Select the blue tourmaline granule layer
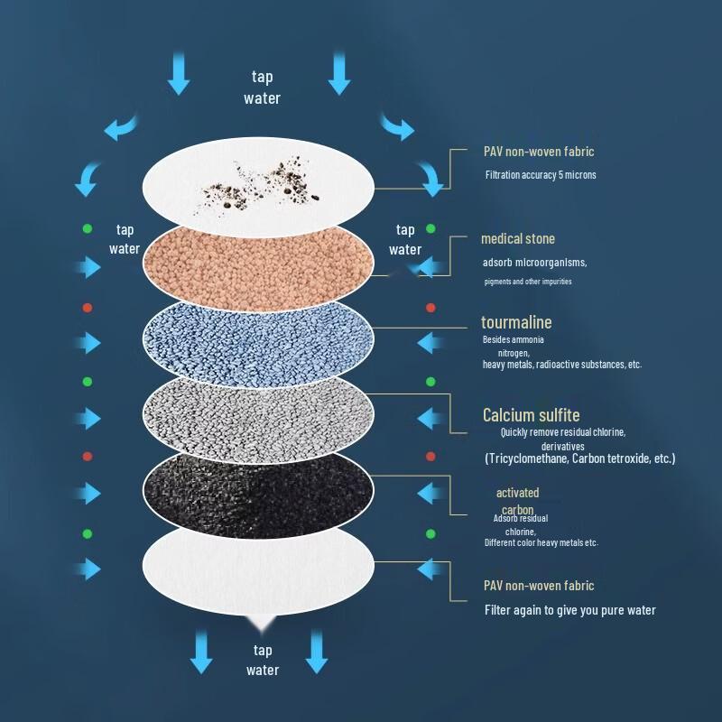point(258,338)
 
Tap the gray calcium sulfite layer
point(258,413)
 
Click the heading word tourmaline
point(515,322)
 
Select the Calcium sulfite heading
point(531,415)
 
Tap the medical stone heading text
point(517,239)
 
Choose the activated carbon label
point(517,501)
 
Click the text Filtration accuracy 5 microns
point(540,175)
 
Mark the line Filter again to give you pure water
point(569,610)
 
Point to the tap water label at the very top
point(262,88)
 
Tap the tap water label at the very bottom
point(263,660)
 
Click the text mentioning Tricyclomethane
point(579,458)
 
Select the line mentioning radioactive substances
point(561,365)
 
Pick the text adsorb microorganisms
point(534,263)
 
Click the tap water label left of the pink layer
point(125,239)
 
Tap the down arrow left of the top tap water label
point(179,74)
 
